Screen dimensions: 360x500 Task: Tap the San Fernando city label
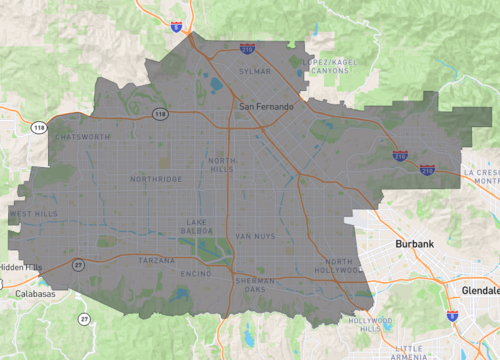pyautogui.click(x=266, y=106)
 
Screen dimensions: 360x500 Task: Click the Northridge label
pyautogui.click(x=157, y=179)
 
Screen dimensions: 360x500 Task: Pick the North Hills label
pyautogui.click(x=223, y=164)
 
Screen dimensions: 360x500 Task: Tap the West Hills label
pyautogui.click(x=33, y=214)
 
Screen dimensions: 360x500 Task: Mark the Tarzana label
pyautogui.click(x=156, y=260)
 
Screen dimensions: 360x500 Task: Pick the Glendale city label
pyautogui.click(x=481, y=289)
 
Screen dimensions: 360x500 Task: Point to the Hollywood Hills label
pyautogui.click(x=371, y=324)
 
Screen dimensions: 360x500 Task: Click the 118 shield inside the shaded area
pyautogui.click(x=160, y=114)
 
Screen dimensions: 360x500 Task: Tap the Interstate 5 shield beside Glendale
pyautogui.click(x=452, y=315)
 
